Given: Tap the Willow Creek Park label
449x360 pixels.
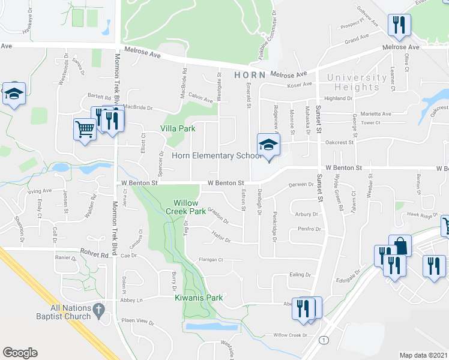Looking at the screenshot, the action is pyautogui.click(x=190, y=207).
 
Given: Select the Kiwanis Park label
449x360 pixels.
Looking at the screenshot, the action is pyautogui.click(x=199, y=298).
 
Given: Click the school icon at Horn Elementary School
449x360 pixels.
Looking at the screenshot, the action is pyautogui.click(x=268, y=145).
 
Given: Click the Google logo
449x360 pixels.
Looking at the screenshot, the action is pyautogui.click(x=20, y=353).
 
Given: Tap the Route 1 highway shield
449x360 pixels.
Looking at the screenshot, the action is pyautogui.click(x=324, y=340).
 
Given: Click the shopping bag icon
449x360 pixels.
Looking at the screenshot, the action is pyautogui.click(x=400, y=244).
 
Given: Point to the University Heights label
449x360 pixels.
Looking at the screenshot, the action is pyautogui.click(x=357, y=82).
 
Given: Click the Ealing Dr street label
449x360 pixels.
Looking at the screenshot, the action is pyautogui.click(x=300, y=274).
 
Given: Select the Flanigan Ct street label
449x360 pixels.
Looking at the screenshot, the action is pyautogui.click(x=211, y=260).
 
